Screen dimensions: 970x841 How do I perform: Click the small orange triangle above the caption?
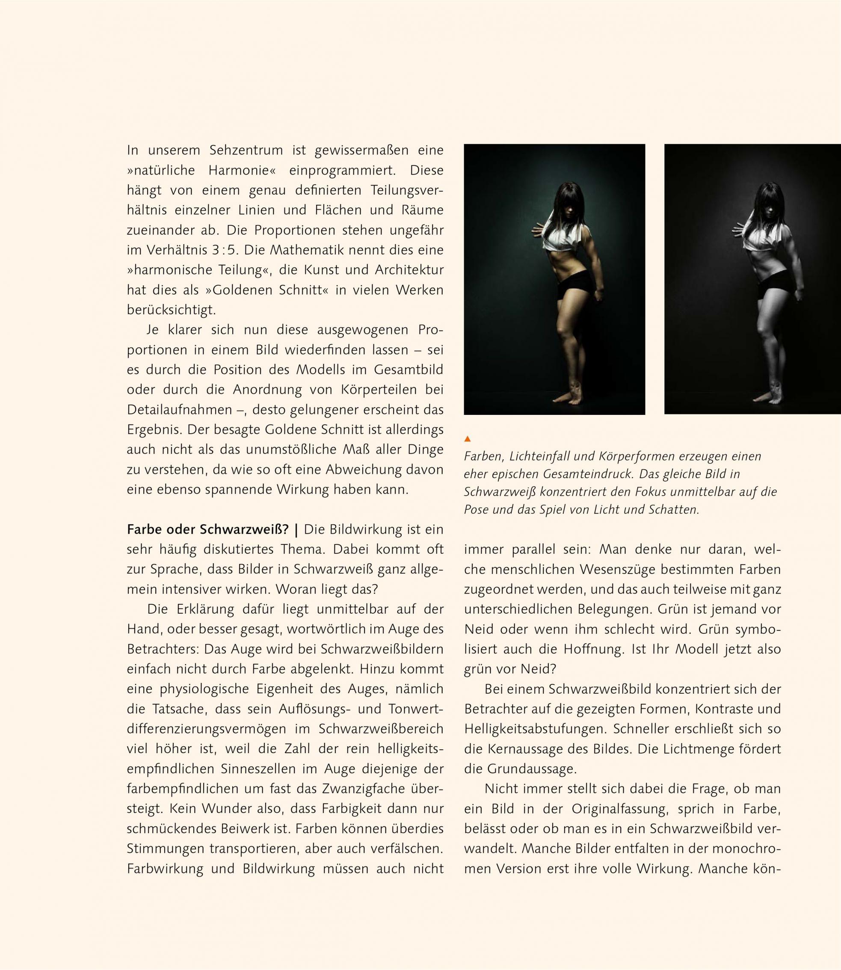pos(467,439)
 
